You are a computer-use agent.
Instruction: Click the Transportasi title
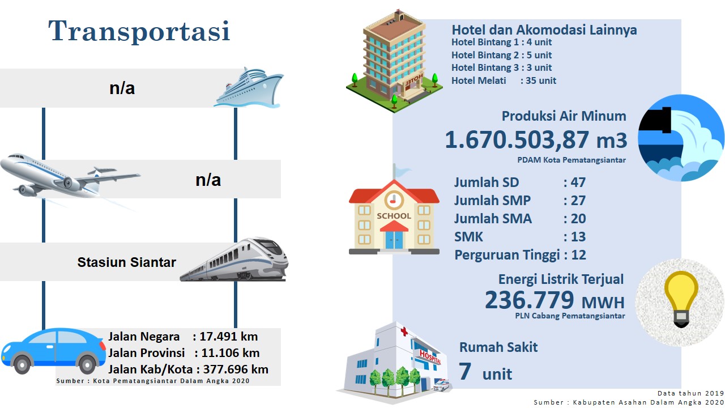point(139,31)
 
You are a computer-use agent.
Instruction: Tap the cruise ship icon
point(249,87)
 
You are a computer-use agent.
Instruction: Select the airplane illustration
point(70,176)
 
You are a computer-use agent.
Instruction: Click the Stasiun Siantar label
point(126,262)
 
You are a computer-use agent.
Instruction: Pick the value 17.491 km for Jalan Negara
point(228,337)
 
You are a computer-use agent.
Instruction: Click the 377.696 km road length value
point(236,369)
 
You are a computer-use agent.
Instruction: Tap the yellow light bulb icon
point(681,299)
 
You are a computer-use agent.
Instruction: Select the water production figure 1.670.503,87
point(517,140)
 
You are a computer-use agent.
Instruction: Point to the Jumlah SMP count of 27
point(578,201)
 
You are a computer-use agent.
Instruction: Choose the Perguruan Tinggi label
point(507,255)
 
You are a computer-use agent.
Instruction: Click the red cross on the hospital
point(404,331)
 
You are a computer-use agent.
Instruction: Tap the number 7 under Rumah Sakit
point(465,371)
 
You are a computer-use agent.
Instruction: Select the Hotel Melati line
point(504,80)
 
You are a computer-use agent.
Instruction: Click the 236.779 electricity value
point(529,300)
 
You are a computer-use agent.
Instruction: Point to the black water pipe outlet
point(656,120)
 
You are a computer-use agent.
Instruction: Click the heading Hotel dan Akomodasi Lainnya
point(544,30)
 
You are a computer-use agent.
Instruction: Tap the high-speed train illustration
point(234,260)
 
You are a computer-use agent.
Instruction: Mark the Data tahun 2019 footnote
point(690,393)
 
